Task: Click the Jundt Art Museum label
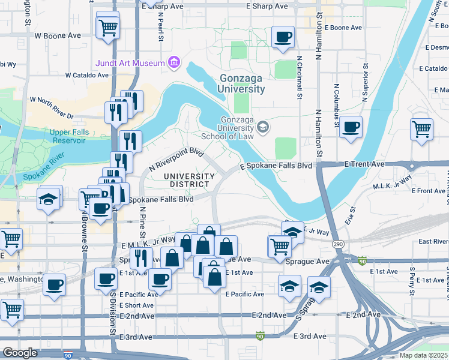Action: [129, 63]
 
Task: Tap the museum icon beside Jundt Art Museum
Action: [174, 62]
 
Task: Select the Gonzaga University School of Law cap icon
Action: [262, 127]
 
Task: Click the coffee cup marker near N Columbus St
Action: [351, 127]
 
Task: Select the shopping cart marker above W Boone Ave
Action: [107, 26]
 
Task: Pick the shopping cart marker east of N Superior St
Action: [422, 128]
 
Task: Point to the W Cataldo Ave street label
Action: [87, 76]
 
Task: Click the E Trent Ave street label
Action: [364, 164]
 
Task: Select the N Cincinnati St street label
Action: [298, 77]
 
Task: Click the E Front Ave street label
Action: [429, 191]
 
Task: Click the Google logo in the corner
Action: [20, 353]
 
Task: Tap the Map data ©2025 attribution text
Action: [424, 355]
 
